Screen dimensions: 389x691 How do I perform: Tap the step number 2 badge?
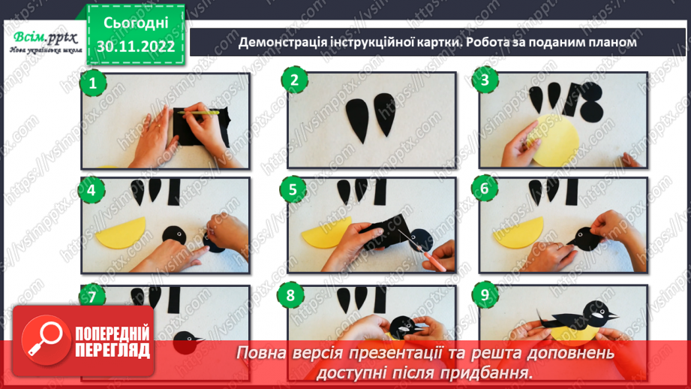[x=293, y=81]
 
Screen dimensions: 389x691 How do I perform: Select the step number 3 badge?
[x=485, y=81]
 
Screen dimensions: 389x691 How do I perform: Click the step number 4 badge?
[x=92, y=190]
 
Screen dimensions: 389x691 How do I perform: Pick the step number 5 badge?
[x=293, y=188]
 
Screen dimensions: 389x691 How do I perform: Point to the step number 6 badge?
[x=485, y=188]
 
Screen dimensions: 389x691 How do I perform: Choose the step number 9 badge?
[x=485, y=295]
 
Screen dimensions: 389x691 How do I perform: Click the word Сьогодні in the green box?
[x=135, y=22]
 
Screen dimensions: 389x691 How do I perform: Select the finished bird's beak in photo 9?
[x=614, y=313]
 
